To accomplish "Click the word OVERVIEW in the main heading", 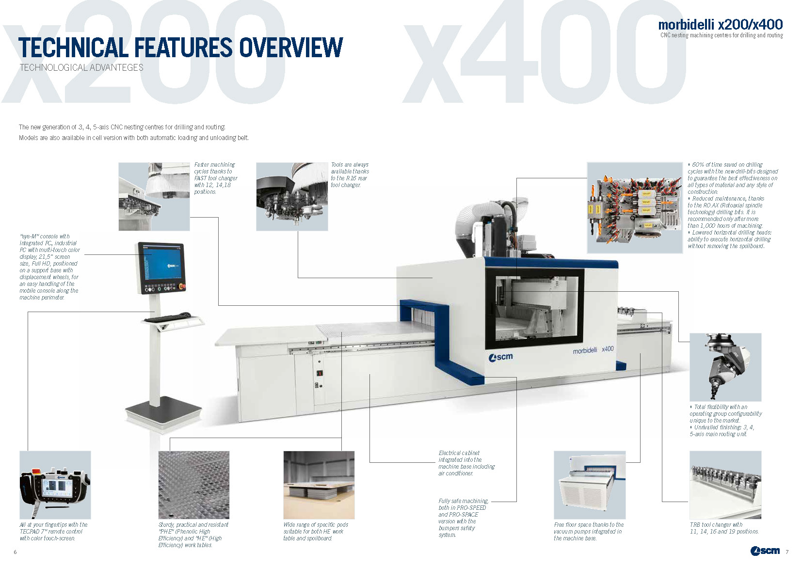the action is pos(291,47).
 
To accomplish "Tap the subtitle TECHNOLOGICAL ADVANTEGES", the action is pos(81,68).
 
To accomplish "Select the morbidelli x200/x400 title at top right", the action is pos(721,24).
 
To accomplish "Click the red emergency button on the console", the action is pos(182,286).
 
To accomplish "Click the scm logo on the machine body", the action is pos(500,357).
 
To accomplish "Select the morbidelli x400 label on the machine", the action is pos(593,349).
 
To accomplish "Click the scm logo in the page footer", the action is pos(765,551).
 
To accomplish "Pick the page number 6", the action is pos(15,552).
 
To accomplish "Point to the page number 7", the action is pos(787,552).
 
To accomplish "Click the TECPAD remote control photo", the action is pos(55,485).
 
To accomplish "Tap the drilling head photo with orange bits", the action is pos(635,207).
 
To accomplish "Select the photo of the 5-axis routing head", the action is pos(725,367).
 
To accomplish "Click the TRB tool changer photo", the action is pos(725,485).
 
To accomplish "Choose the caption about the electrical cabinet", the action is pos(466,463).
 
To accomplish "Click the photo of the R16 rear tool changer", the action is pos(292,196).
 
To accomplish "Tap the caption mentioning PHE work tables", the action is pos(193,535).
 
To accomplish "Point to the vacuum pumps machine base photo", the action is pos(590,485).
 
